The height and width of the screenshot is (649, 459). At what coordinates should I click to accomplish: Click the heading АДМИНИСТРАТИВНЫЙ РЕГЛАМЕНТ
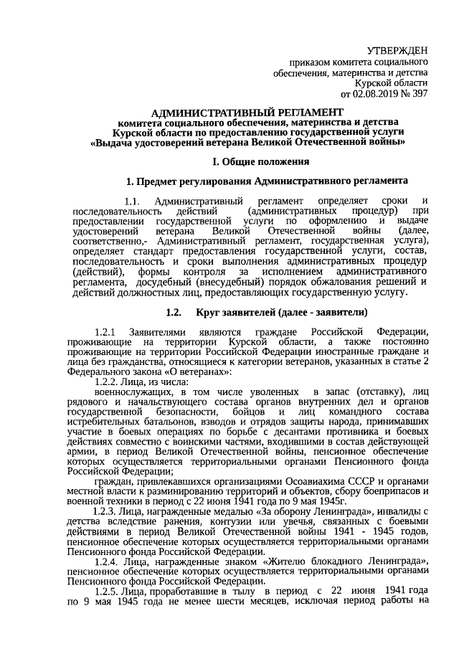(x=247, y=113)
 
